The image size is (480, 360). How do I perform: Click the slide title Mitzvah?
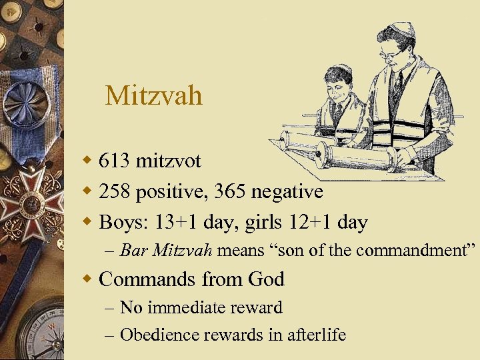[x=153, y=95]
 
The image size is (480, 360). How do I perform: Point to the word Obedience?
[x=155, y=335]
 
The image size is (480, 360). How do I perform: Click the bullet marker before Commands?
[x=88, y=279]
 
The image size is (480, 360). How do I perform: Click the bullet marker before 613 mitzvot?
[x=88, y=161]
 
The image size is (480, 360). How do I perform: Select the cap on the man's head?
[x=401, y=30]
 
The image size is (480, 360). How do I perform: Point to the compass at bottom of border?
[x=40, y=333]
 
